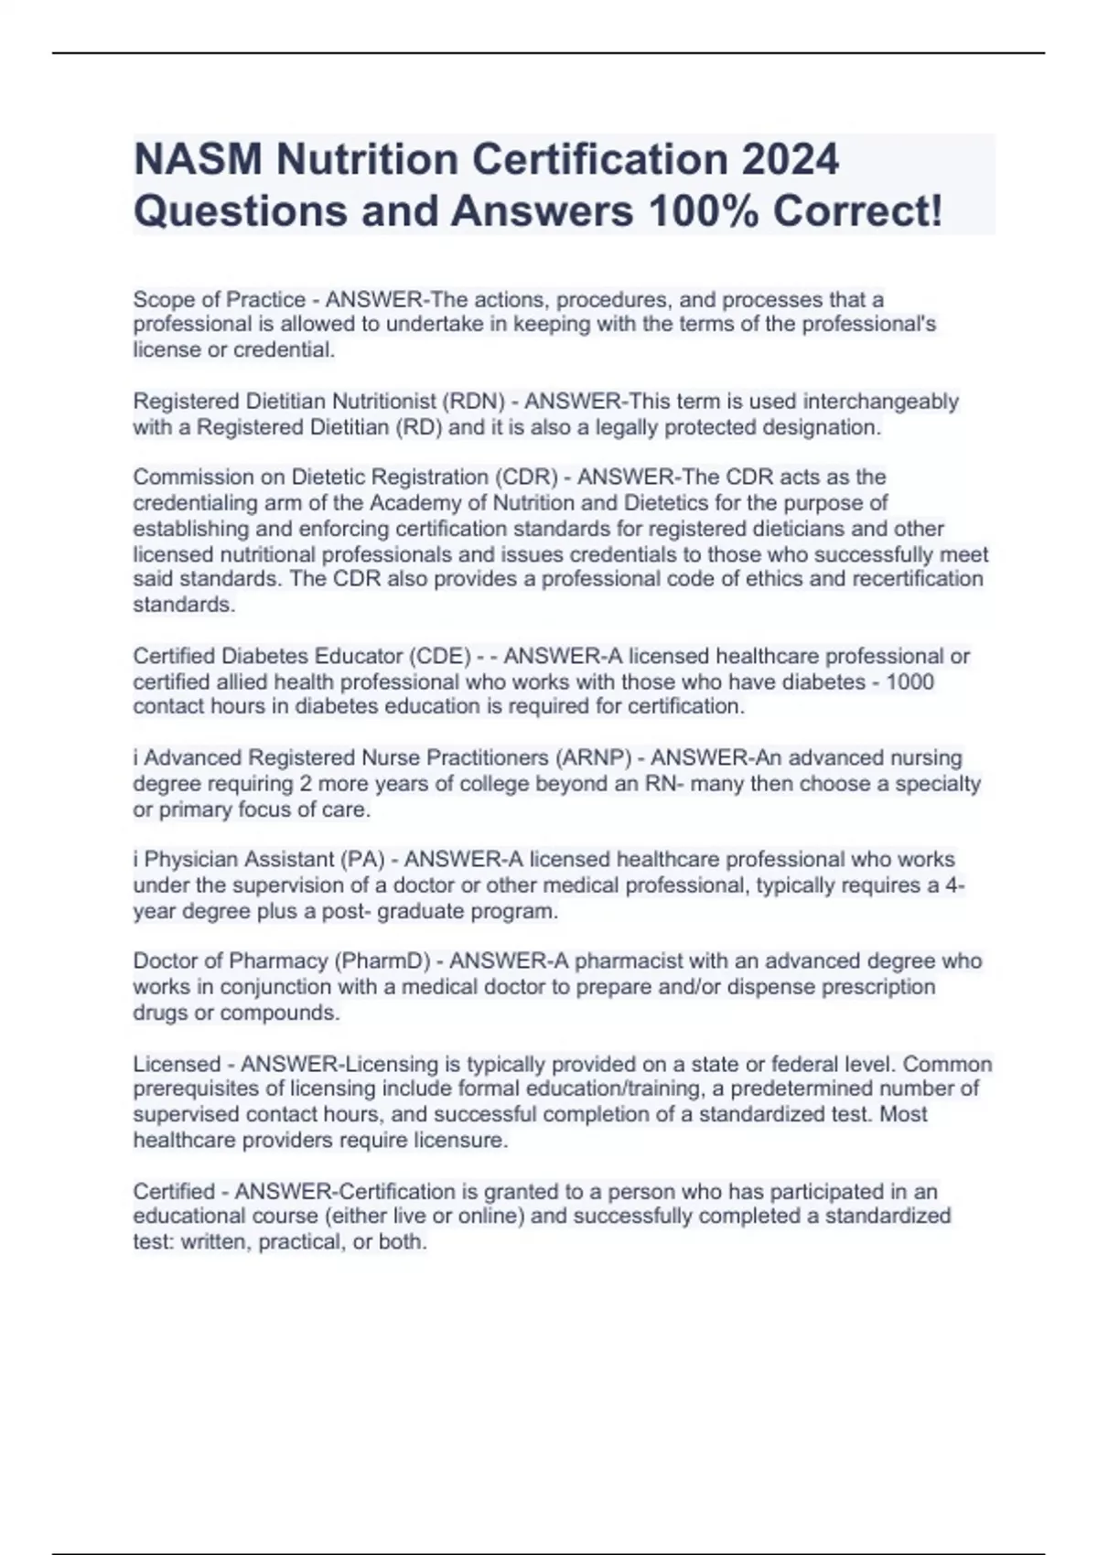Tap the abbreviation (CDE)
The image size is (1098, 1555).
[x=436, y=656]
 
